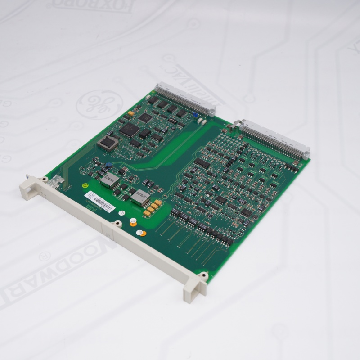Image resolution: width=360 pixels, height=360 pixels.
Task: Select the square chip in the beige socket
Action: tap(108, 143)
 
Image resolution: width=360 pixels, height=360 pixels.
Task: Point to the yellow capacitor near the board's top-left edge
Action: tap(131, 113)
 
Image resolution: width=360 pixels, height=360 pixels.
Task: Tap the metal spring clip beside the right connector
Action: tap(238, 124)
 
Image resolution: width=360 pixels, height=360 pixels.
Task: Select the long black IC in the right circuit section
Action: tap(202, 163)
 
